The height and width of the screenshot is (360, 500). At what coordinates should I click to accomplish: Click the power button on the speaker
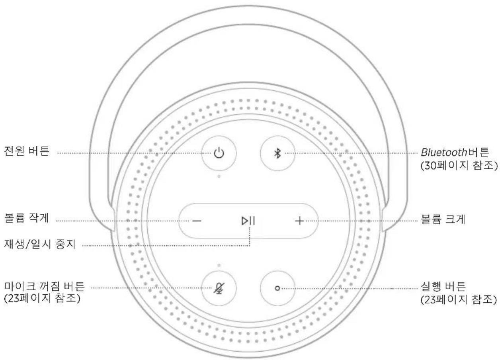click(219, 153)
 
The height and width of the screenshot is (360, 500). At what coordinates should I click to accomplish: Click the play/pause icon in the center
click(248, 221)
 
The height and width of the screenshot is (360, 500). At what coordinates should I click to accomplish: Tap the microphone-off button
click(219, 288)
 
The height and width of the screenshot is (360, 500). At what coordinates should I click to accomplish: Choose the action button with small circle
click(278, 288)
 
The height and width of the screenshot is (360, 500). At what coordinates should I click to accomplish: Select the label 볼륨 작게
click(26, 220)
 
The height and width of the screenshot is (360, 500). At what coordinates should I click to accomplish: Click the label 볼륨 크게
click(440, 220)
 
